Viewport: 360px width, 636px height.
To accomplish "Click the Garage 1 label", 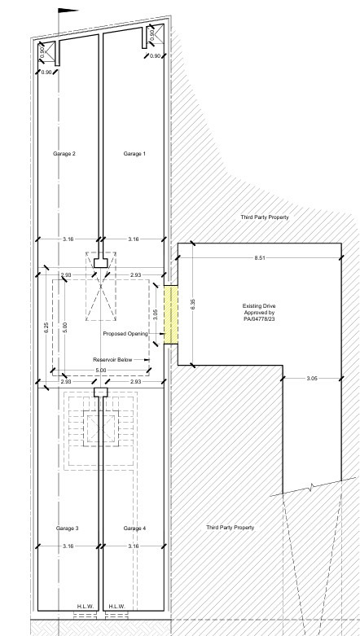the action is point(134,154).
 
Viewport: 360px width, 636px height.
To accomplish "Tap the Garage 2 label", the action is point(64,154).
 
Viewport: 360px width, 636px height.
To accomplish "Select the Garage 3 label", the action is point(68,529).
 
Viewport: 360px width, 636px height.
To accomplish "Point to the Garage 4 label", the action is point(134,529).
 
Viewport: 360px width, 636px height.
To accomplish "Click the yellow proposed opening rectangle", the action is point(171,315).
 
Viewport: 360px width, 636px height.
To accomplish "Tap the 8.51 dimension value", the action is point(260,257).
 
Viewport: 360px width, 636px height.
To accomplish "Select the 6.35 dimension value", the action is point(193,305).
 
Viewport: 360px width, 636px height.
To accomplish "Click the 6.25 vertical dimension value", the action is point(46,327).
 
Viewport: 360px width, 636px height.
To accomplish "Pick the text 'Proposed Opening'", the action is point(125,334).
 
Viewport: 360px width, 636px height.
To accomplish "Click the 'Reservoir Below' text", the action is point(112,360).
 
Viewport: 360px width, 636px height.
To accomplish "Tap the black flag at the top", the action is point(68,11).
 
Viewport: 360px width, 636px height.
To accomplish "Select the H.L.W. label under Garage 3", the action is point(86,607).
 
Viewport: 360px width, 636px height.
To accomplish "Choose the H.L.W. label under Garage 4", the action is point(117,607).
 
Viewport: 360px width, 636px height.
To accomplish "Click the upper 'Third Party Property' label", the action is point(265,217).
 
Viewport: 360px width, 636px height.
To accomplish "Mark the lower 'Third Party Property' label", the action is point(230,528).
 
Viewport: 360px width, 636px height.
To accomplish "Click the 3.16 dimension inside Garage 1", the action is point(133,239).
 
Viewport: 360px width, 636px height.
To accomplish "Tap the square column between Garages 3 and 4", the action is point(101,393).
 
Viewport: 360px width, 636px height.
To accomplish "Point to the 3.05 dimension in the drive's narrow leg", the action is point(312,379).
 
